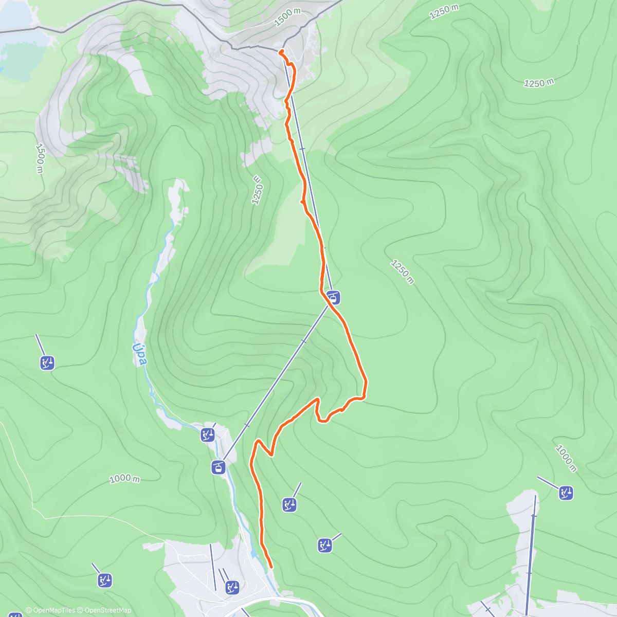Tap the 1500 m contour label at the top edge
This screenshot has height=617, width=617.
pyautogui.click(x=287, y=17)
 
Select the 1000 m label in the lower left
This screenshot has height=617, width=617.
pyautogui.click(x=124, y=479)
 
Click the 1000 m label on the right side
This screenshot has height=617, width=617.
pyautogui.click(x=566, y=458)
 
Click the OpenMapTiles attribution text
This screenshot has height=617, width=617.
pyautogui.click(x=50, y=610)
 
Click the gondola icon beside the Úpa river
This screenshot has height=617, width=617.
pyautogui.click(x=219, y=467)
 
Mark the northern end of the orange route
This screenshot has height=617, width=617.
pyautogui.click(x=280, y=51)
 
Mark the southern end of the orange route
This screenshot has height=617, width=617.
pyautogui.click(x=270, y=567)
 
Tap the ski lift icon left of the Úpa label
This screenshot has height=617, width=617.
pyautogui.click(x=47, y=363)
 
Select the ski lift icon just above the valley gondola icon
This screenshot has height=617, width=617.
pyautogui.click(x=208, y=435)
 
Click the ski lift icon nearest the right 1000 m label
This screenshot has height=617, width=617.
pyautogui.click(x=567, y=493)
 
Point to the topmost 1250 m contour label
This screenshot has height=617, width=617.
pyautogui.click(x=444, y=12)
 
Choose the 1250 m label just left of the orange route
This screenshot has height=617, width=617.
pyautogui.click(x=257, y=190)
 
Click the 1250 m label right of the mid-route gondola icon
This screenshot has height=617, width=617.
pyautogui.click(x=402, y=271)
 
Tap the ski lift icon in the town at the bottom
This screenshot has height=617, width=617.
pyautogui.click(x=232, y=587)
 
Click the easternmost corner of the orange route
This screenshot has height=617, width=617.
pyautogui.click(x=366, y=382)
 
